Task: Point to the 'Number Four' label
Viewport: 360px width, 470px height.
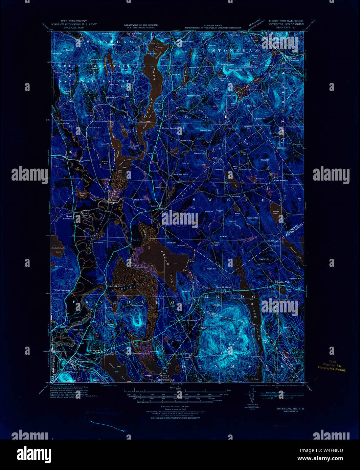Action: [180, 174]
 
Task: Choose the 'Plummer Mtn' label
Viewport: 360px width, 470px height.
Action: [252, 218]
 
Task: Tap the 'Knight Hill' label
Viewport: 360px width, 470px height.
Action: [211, 268]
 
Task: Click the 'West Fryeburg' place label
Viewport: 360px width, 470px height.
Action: [62, 290]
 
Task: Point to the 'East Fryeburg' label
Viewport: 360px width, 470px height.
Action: [189, 320]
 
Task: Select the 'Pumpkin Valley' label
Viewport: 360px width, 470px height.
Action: [283, 282]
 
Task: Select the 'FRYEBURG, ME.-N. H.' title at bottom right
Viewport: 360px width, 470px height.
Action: [290, 408]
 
